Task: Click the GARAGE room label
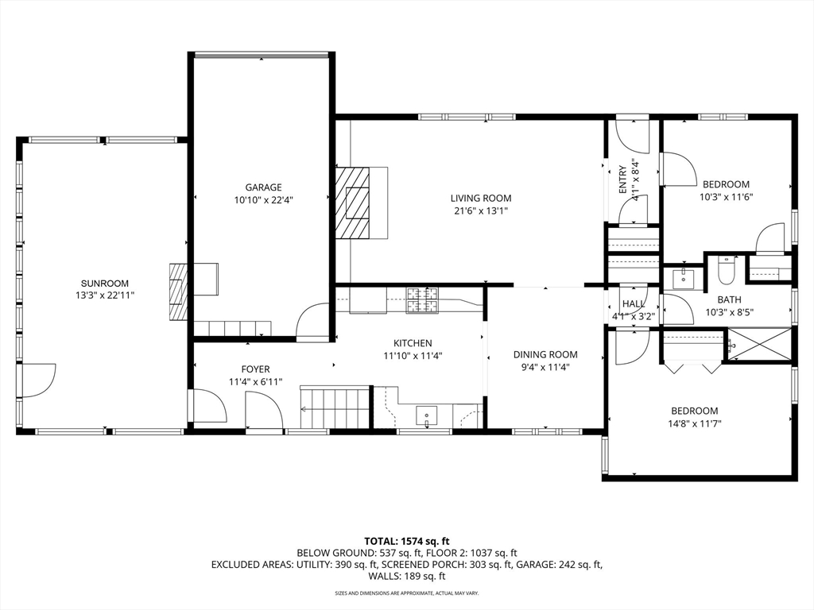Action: (264, 187)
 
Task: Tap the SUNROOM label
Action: (104, 284)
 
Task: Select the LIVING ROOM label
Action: (481, 198)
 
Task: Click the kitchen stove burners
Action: (421, 300)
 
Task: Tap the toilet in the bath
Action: (725, 270)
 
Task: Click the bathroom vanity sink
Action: (684, 278)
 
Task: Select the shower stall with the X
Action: (759, 345)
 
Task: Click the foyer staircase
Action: (335, 407)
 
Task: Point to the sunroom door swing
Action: (39, 380)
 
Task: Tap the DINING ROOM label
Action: (545, 355)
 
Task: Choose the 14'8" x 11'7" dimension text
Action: (694, 423)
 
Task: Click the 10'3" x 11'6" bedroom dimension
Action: (726, 197)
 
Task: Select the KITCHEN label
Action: (413, 343)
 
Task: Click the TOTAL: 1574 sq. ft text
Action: (406, 542)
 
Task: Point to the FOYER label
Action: (255, 369)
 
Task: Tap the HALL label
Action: (634, 304)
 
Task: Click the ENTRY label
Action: (623, 180)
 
